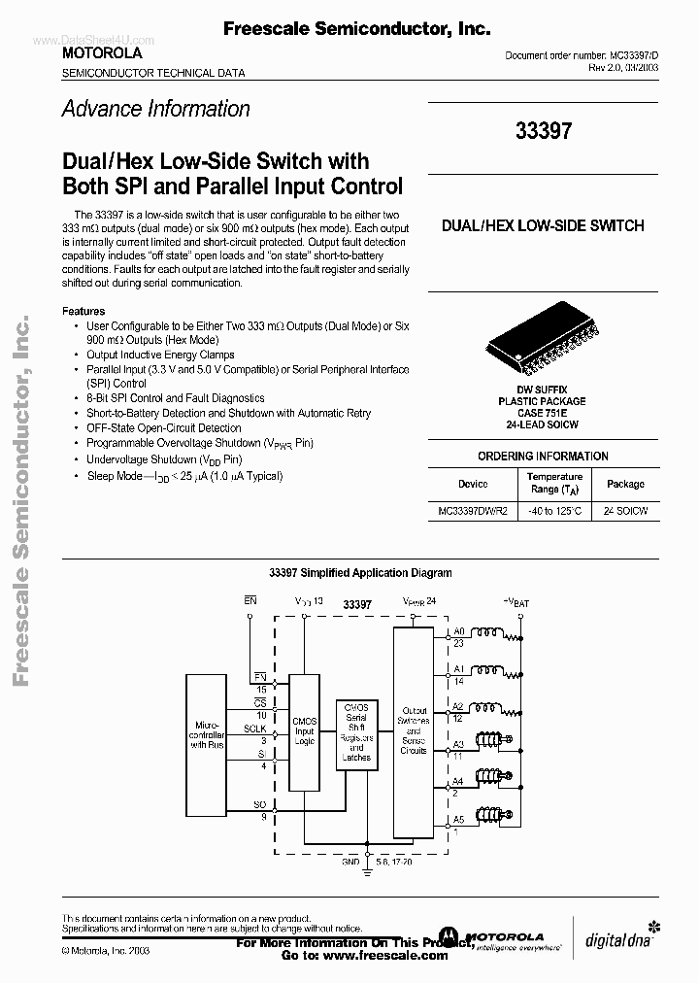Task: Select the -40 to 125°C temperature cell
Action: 555,510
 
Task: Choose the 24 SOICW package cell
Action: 625,510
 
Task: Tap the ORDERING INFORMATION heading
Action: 543,456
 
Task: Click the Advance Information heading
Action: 155,109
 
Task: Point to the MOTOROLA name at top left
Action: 102,52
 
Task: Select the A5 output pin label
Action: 459,819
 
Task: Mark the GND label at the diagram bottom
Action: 350,862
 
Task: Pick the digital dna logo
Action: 617,937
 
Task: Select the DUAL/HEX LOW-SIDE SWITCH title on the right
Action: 543,225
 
